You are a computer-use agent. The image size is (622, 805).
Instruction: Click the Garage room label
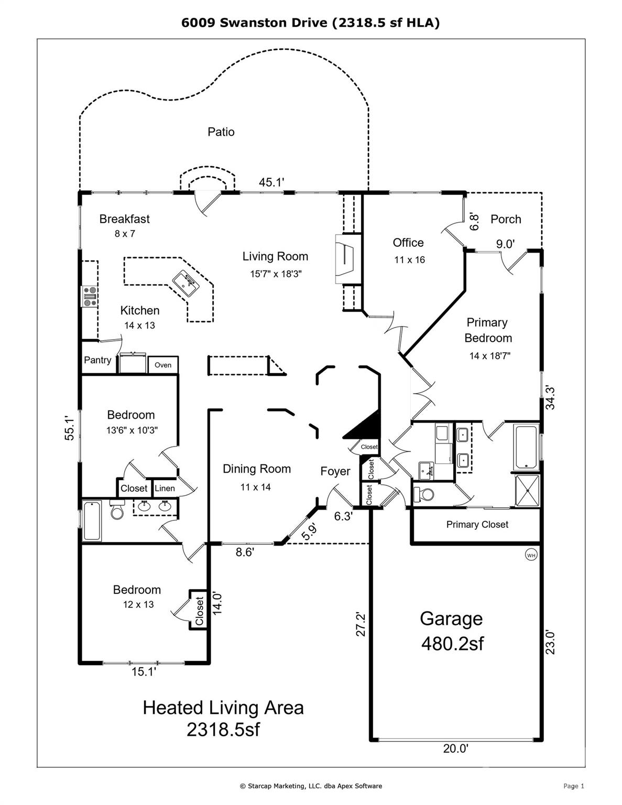click(x=451, y=619)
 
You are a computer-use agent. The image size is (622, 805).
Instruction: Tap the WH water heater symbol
click(x=531, y=554)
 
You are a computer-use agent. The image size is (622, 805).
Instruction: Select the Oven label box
click(x=163, y=365)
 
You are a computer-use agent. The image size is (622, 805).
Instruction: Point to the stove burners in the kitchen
click(x=89, y=295)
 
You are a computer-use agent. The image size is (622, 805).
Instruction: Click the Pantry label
click(x=97, y=360)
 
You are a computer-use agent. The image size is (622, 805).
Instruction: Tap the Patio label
click(x=221, y=132)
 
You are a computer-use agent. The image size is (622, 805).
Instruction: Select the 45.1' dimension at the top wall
click(x=271, y=182)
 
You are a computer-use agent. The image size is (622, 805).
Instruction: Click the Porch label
click(x=506, y=219)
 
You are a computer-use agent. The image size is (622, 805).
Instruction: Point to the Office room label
click(x=408, y=242)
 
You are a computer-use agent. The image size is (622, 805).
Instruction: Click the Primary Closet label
click(x=477, y=525)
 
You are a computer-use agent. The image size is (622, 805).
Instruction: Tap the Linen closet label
click(x=165, y=488)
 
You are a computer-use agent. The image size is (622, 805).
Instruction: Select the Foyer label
click(x=335, y=471)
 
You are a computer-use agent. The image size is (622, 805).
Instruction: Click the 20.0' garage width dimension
click(x=455, y=748)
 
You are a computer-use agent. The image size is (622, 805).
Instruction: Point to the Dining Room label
click(x=257, y=469)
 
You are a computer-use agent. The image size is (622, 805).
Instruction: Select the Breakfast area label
click(x=125, y=219)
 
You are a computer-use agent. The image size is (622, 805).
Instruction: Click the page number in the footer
click(x=573, y=786)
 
